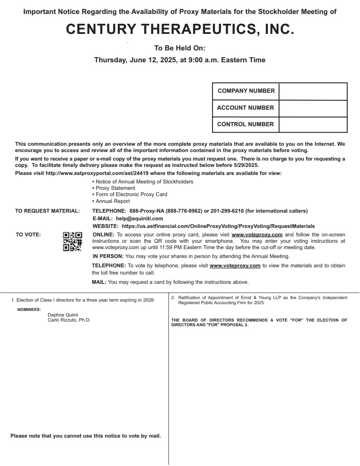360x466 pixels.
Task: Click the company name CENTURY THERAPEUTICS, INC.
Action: pos(180,29)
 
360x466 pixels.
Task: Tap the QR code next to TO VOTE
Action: pos(72,241)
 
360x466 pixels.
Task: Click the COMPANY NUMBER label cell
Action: pos(246,91)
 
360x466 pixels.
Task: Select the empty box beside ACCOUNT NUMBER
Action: pos(313,108)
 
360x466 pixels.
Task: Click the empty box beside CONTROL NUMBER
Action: pos(313,125)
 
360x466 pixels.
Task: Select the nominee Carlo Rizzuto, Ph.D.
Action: pos(69,320)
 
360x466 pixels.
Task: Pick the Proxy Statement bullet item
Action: pos(115,188)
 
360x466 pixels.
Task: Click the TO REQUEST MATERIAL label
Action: pos(47,211)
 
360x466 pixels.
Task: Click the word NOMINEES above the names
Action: pos(29,310)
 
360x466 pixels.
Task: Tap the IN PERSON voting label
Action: pos(108,256)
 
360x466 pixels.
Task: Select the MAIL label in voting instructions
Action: pos(99,282)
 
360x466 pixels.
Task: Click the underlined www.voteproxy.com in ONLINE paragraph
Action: pos(257,235)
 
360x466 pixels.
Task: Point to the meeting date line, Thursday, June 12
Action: pos(180,60)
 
